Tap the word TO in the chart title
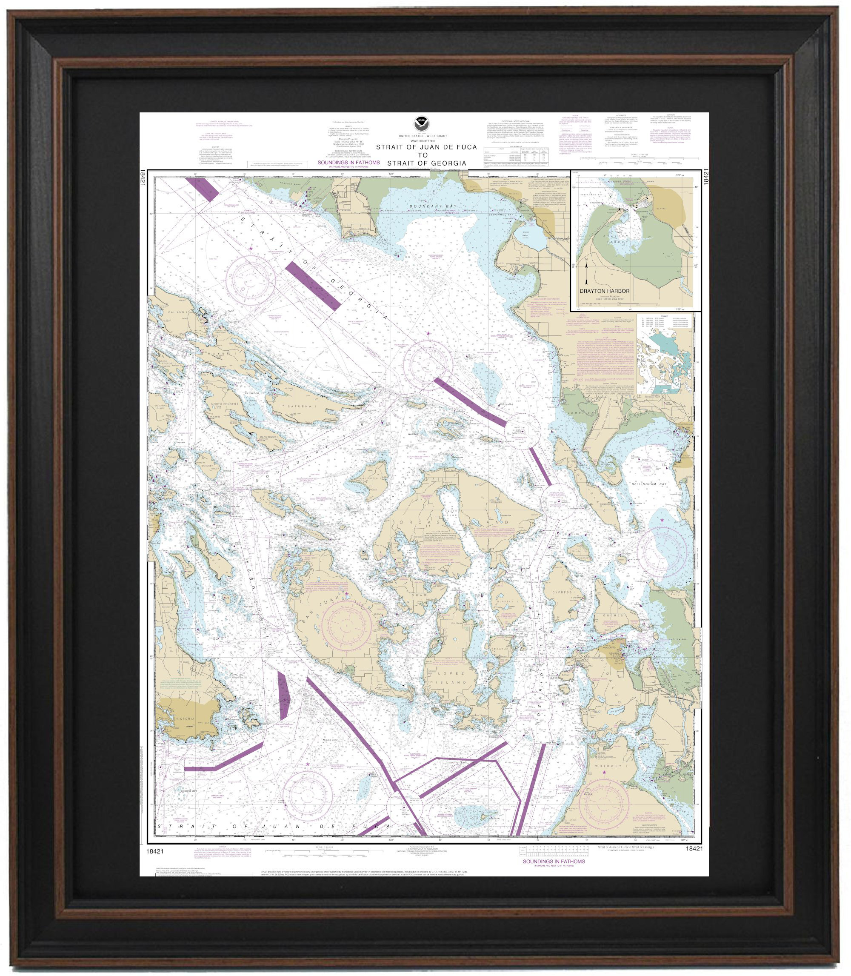423,155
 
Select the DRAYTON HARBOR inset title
605,291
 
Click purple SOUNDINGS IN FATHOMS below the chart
554,861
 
